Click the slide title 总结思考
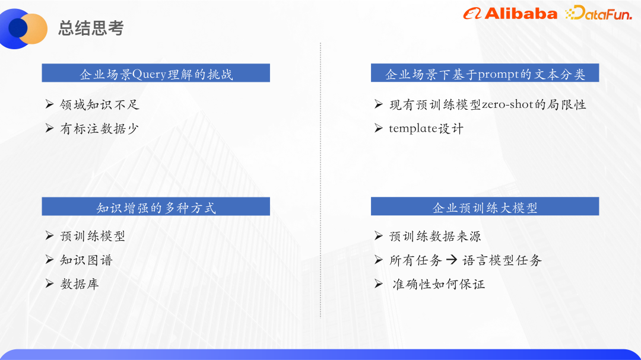(91, 28)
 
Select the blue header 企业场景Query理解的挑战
(156, 74)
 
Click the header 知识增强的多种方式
(156, 207)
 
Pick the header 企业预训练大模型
(485, 207)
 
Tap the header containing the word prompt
(485, 74)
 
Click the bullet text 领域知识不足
(100, 104)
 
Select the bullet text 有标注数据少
(100, 128)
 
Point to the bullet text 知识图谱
(86, 260)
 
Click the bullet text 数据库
(80, 283)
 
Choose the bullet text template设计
(426, 128)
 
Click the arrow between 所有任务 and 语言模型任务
(452, 260)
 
